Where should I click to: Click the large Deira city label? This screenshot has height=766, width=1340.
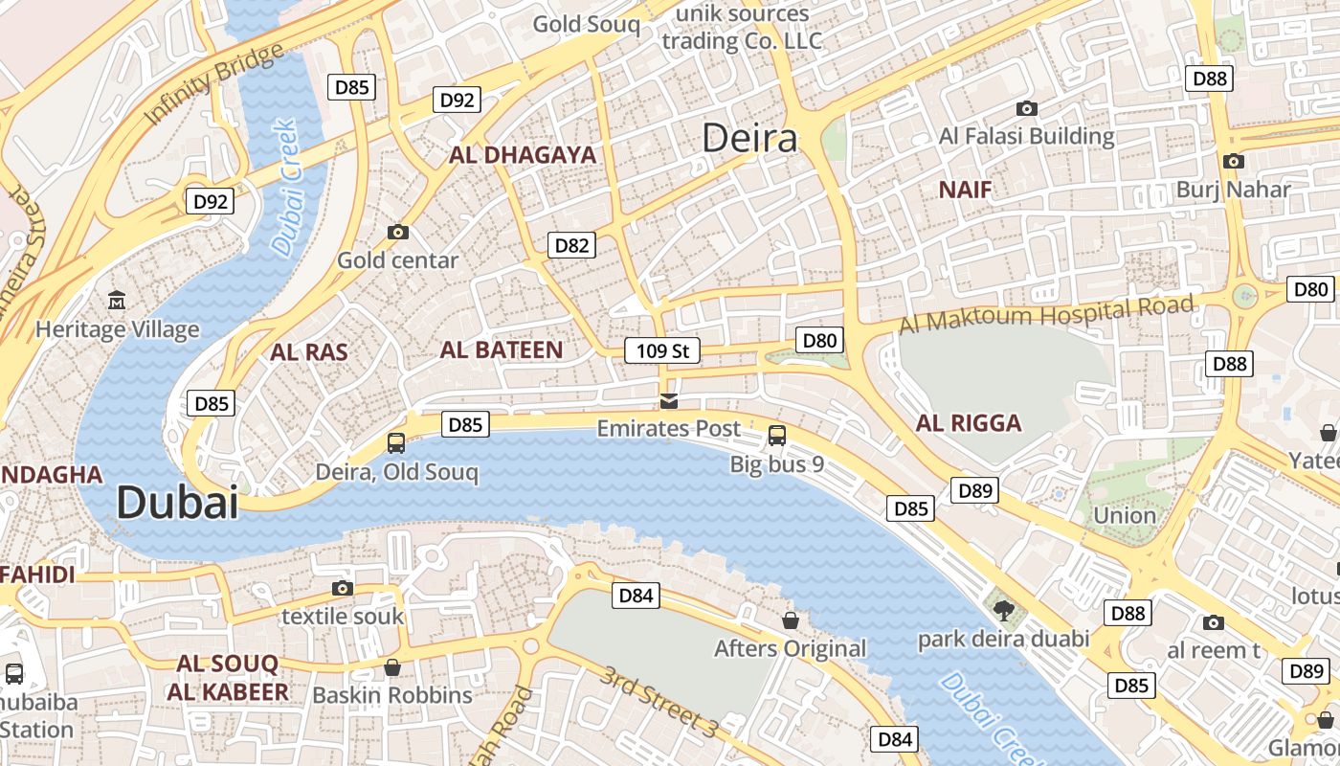749,139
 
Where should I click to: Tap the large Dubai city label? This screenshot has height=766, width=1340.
177,503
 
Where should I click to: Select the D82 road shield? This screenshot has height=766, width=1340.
572,245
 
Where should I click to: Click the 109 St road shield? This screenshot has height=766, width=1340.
662,350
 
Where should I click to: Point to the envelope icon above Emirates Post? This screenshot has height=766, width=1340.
669,400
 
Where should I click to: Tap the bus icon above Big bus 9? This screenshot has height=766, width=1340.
776,436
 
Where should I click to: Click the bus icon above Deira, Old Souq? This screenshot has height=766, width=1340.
395,442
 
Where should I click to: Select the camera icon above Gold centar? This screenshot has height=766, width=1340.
398,232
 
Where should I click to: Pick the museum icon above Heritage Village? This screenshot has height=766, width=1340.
117,301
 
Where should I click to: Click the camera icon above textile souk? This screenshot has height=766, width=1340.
342,588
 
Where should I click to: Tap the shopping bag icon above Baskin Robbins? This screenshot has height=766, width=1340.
391,666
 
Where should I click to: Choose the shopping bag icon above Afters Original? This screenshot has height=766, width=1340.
790,620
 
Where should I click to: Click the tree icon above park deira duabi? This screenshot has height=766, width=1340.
1003,610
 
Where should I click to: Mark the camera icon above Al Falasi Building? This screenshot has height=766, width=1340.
1027,108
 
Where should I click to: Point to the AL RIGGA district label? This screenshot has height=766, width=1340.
969,423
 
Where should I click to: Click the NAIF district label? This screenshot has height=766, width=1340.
965,190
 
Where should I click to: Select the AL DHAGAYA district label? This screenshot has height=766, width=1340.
523,155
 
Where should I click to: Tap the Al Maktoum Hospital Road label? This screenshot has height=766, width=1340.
1046,315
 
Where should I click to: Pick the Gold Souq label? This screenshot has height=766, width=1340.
586,24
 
